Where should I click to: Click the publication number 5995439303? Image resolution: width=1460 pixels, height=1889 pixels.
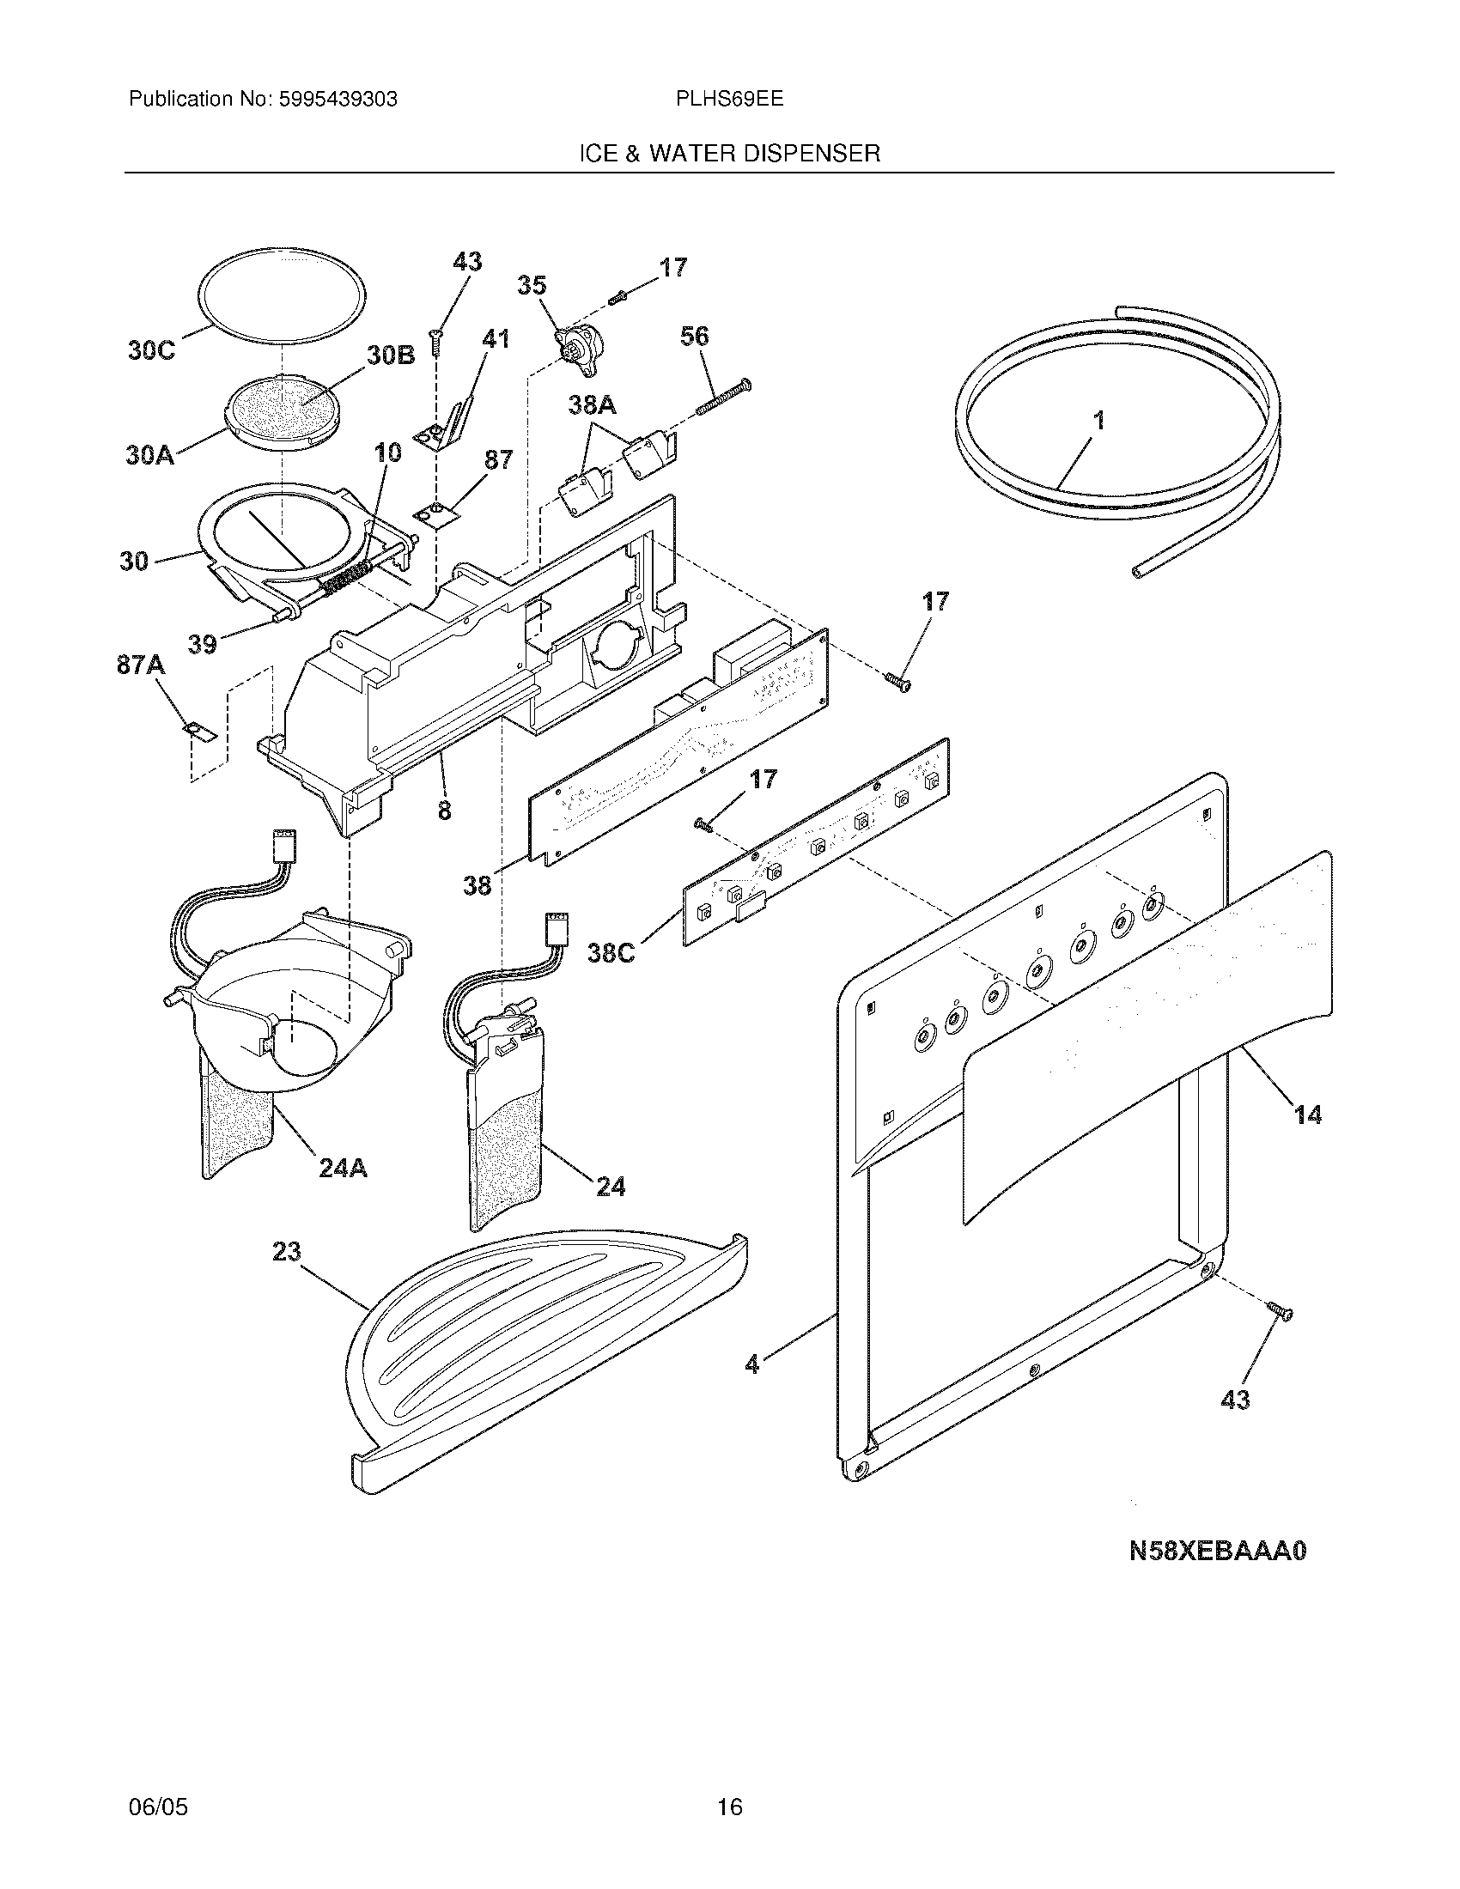338,100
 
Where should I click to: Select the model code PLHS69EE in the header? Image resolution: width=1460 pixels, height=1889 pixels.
729,99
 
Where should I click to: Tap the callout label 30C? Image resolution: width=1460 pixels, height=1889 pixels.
151,350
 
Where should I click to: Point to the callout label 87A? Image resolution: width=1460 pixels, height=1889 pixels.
141,665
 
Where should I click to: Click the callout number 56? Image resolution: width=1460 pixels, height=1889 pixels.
695,337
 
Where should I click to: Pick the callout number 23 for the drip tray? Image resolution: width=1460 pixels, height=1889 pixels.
286,1252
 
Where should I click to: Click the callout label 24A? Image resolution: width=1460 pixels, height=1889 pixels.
343,1169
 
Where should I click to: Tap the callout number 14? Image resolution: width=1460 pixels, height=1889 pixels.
1307,1115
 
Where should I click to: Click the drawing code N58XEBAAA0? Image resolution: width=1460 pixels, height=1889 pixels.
1218,1551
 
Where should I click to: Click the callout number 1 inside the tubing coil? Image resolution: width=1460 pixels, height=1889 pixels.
1098,422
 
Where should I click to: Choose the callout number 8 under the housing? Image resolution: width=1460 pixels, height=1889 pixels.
444,811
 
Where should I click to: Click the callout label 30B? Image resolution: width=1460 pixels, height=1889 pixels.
390,355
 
